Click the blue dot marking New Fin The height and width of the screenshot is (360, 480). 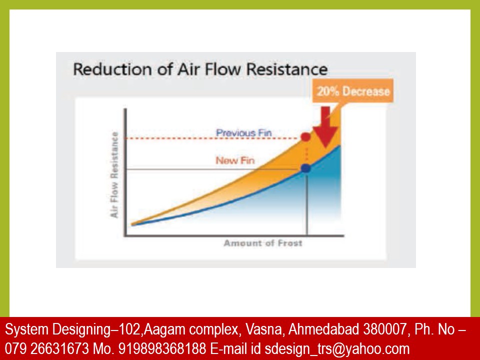click(306, 168)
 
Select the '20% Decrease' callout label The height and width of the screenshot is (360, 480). click(352, 91)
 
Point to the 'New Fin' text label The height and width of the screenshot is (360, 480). click(235, 160)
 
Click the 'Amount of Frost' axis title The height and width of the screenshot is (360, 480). click(262, 243)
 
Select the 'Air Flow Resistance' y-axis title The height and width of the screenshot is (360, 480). click(114, 174)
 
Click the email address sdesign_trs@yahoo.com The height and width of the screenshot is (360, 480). click(337, 348)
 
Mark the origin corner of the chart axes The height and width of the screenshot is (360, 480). click(125, 236)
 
